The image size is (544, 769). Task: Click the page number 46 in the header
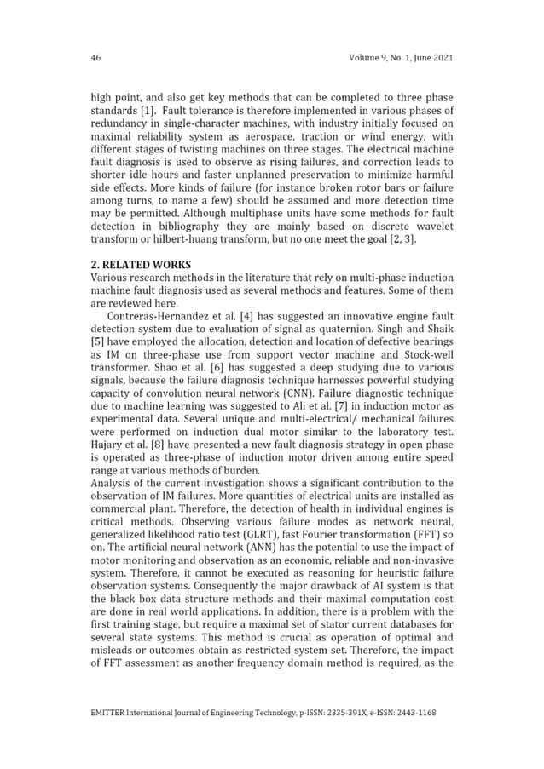click(x=95, y=58)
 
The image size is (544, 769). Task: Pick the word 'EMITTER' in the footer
click(x=112, y=711)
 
